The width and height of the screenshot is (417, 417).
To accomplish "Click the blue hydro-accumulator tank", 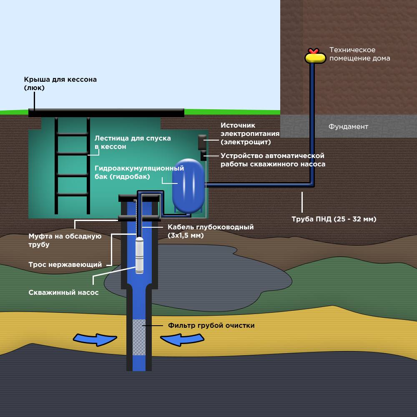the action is (188, 186).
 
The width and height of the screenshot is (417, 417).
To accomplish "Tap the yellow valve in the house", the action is (315, 56).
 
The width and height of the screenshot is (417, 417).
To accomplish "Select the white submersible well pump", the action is (140, 255).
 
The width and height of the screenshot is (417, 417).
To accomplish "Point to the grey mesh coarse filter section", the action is (139, 337).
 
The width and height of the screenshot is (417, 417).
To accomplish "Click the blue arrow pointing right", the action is (95, 339).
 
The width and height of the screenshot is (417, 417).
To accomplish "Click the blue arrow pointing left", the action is (182, 339).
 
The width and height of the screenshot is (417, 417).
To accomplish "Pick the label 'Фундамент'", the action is (348, 127).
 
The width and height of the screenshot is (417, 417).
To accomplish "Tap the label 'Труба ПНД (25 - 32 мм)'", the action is (334, 219).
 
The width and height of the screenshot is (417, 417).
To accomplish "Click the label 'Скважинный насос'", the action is (63, 293).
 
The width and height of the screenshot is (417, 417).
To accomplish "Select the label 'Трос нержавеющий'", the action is (65, 265).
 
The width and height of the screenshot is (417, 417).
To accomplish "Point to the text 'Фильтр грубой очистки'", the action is (211, 326).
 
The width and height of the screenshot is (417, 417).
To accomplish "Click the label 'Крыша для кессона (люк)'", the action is (60, 83).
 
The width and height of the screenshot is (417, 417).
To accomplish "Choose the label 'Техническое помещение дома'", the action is (360, 54).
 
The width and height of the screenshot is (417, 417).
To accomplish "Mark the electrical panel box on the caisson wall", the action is (202, 142).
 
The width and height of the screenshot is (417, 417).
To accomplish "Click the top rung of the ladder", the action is (72, 135).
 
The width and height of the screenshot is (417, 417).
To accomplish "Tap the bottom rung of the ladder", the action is (72, 195).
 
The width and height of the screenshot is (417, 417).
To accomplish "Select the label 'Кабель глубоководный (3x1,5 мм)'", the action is (211, 231).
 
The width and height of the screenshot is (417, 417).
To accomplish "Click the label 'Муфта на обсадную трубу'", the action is (65, 240).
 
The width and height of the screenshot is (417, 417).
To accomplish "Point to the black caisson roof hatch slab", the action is (106, 113).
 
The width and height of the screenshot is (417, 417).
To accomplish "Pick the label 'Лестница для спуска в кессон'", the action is (133, 142).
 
